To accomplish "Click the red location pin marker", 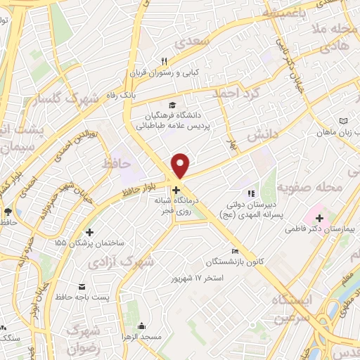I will pyautogui.click(x=181, y=165).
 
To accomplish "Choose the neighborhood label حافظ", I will pyautogui.click(x=117, y=165).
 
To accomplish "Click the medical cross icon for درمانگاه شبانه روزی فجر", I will pyautogui.click(x=176, y=190).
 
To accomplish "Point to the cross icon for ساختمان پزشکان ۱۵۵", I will pyautogui.click(x=89, y=232).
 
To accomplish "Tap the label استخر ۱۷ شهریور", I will pyautogui.click(x=197, y=278).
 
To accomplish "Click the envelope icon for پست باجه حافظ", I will pyautogui.click(x=83, y=288).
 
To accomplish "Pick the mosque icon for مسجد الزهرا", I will pyautogui.click(x=142, y=326).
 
